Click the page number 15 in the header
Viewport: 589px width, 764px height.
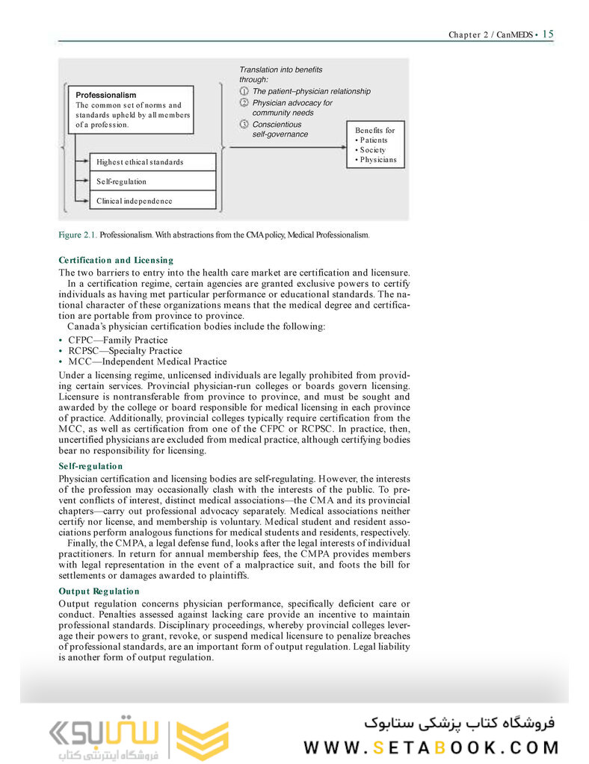(x=548, y=34)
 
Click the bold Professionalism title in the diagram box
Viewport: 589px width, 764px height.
(x=106, y=95)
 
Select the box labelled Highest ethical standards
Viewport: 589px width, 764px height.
(x=152, y=162)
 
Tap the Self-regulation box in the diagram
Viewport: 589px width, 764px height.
(x=152, y=181)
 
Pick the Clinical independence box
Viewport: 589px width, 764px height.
(x=152, y=201)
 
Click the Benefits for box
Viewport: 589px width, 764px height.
(x=375, y=144)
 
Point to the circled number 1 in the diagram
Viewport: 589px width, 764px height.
(x=244, y=91)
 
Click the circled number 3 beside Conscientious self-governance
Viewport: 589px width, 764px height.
(x=244, y=124)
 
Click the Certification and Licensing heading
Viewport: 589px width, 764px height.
(x=116, y=260)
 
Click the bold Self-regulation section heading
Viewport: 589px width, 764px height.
(x=90, y=466)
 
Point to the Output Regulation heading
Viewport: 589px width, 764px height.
(x=99, y=591)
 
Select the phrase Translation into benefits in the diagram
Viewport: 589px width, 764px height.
(x=281, y=69)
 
